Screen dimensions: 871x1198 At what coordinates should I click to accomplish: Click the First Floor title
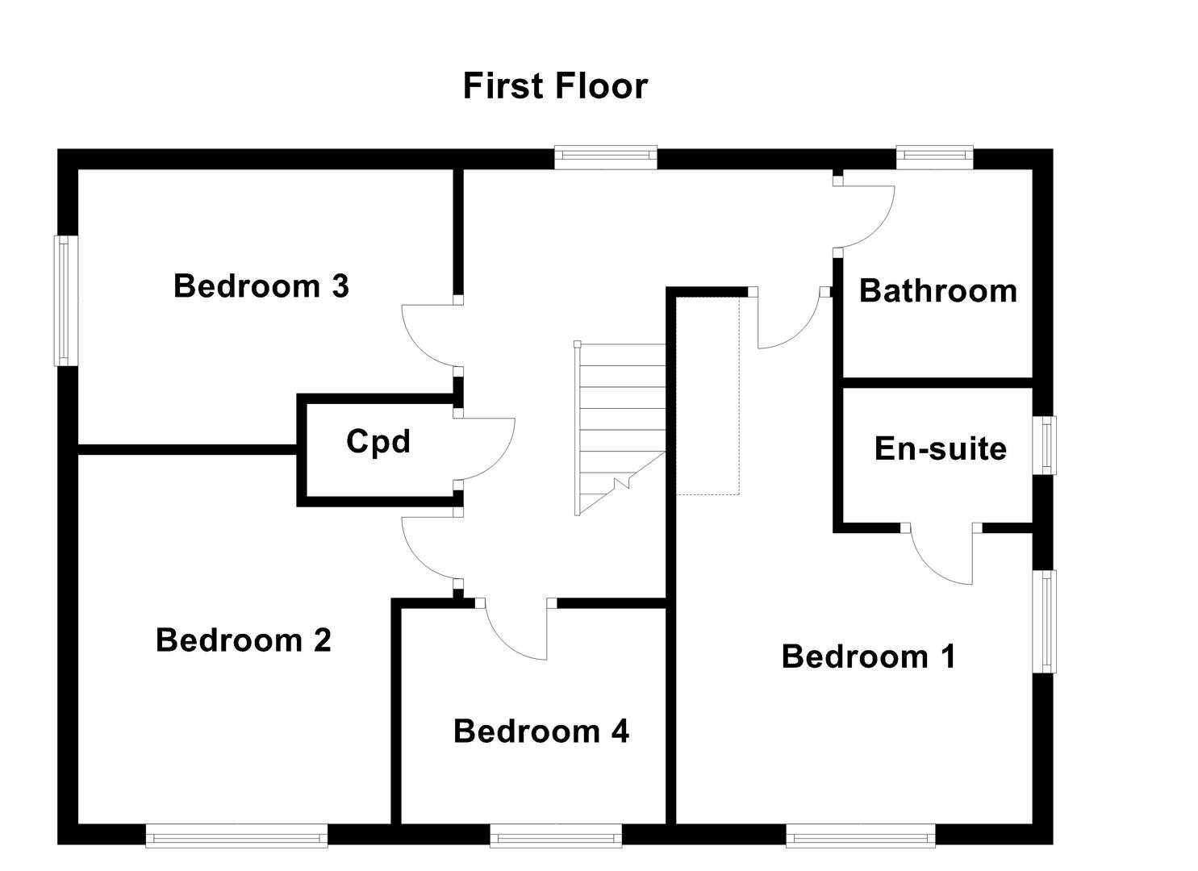[x=555, y=86]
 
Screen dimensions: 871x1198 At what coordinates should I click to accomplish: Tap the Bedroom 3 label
[x=261, y=286]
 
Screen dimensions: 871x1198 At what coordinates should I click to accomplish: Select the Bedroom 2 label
[x=244, y=640]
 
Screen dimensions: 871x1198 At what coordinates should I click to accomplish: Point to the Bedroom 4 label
[x=541, y=731]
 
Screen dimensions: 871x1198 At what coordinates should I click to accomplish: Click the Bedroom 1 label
[x=869, y=656]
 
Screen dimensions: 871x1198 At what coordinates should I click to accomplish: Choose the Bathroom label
[x=938, y=291]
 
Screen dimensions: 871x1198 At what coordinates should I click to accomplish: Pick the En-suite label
[x=941, y=449]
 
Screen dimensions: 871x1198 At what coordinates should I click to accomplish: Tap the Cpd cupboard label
[x=378, y=442]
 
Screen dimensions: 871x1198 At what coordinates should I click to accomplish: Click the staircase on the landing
[x=620, y=427]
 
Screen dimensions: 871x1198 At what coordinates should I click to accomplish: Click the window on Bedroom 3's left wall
[x=66, y=300]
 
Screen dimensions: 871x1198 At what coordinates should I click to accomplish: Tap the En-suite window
[x=1046, y=445]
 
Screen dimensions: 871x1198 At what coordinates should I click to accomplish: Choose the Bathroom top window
[x=934, y=156]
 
